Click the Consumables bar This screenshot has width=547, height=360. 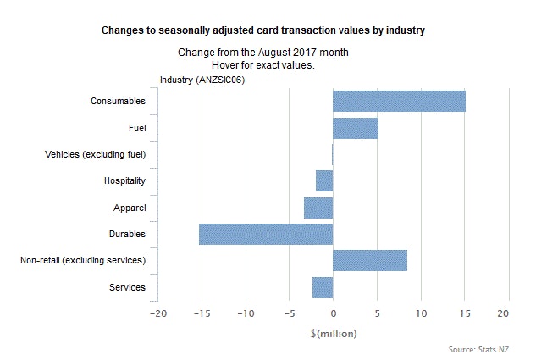point(399,101)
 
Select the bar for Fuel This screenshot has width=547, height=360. point(355,128)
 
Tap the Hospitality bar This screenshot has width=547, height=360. point(324,180)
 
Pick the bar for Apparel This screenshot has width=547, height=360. point(318,208)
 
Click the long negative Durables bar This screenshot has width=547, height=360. point(266,234)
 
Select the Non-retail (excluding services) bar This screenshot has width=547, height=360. point(369,260)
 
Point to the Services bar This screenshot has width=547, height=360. point(323,286)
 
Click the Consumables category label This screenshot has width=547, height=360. point(118,102)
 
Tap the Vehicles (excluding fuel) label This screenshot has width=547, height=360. point(95,154)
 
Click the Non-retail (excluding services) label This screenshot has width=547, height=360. point(83,260)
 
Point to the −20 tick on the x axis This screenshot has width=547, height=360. point(157,313)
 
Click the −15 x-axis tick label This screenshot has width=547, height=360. point(201,313)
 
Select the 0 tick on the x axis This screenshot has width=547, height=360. point(333,313)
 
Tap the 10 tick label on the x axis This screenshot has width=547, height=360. point(421,313)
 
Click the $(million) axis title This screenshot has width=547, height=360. point(333,333)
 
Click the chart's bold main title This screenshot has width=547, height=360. point(262,30)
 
